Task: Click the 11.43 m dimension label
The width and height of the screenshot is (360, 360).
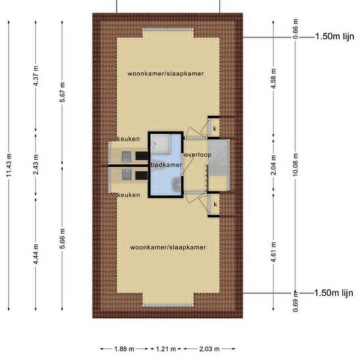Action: pos(9,166)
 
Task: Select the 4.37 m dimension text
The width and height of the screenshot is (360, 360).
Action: pos(35,76)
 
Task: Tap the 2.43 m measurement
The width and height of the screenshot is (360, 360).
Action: pos(35,164)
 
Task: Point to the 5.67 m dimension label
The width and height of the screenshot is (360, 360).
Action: pos(62,92)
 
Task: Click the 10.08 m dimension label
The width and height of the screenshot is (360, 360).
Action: pos(295,165)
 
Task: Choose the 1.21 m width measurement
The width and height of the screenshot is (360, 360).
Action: pos(166,350)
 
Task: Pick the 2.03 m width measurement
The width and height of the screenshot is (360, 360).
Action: pos(209,350)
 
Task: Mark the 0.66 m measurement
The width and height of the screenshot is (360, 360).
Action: pos(295,29)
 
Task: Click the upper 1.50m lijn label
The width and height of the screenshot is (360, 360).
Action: pos(334,36)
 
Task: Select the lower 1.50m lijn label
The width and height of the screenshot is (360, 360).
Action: pos(334,293)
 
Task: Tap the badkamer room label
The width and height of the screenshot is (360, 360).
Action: pos(166,165)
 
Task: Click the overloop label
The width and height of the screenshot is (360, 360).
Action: pos(198,154)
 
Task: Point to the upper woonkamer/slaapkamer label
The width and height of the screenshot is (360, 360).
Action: pos(166,74)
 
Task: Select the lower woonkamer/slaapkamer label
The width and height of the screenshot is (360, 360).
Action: pos(168,247)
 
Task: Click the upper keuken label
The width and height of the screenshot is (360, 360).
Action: pos(128,139)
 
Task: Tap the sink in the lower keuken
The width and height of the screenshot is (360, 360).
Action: pos(126,174)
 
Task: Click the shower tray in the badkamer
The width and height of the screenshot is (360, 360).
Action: pos(161,144)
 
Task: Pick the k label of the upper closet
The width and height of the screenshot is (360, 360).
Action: pos(215,128)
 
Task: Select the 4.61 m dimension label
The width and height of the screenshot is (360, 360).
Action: pos(273,252)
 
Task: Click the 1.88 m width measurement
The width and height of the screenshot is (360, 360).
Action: pos(124,350)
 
